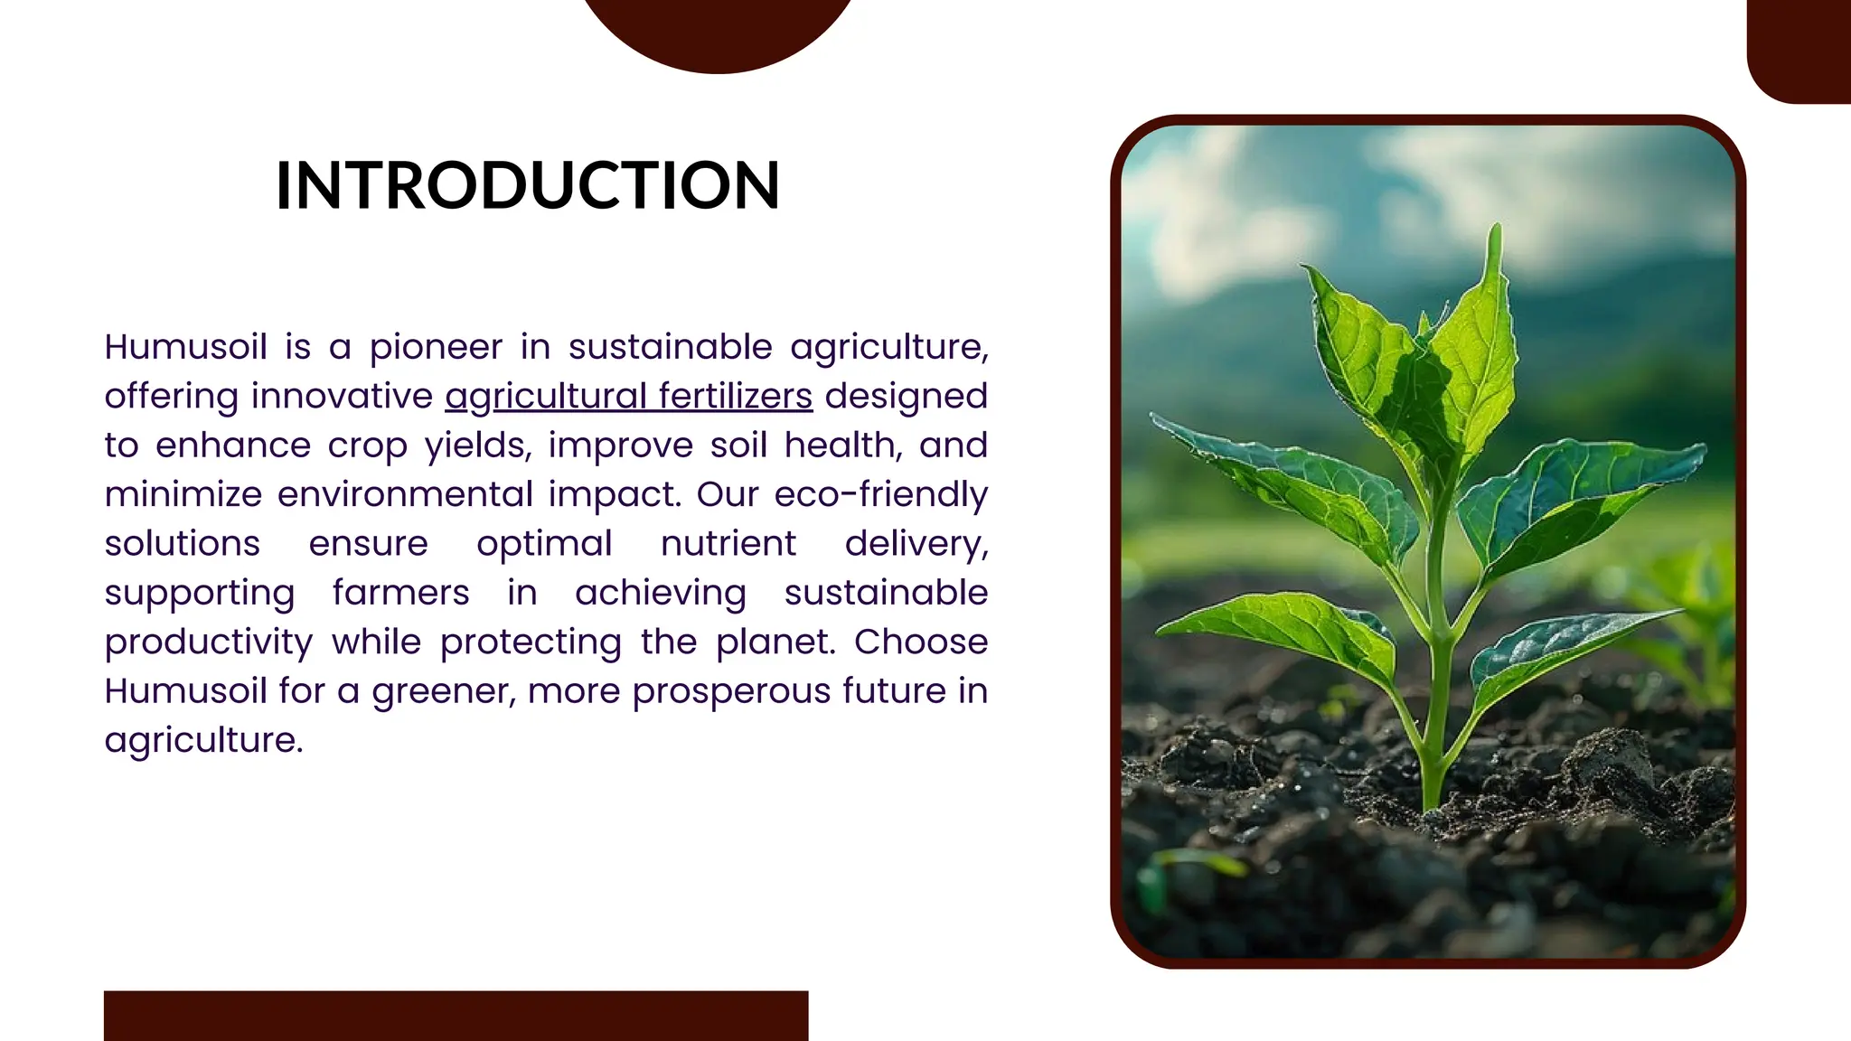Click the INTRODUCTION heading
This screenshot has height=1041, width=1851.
tap(527, 185)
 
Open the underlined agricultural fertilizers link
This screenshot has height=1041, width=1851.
tap(628, 397)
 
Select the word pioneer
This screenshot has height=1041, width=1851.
tap(436, 348)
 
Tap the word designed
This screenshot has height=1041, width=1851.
tap(906, 397)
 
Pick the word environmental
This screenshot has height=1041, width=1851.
tap(405, 495)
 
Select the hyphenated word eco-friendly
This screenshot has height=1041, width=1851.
tap(880, 495)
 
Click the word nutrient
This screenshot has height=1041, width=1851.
tap(728, 544)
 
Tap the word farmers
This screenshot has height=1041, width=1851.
tap(400, 594)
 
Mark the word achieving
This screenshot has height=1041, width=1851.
tap(661, 594)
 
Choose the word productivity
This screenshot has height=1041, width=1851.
tap(209, 642)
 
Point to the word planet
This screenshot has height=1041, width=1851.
tap(775, 642)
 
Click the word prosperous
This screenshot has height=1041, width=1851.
tap(731, 691)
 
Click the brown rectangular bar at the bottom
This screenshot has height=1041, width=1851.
tap(456, 1015)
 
